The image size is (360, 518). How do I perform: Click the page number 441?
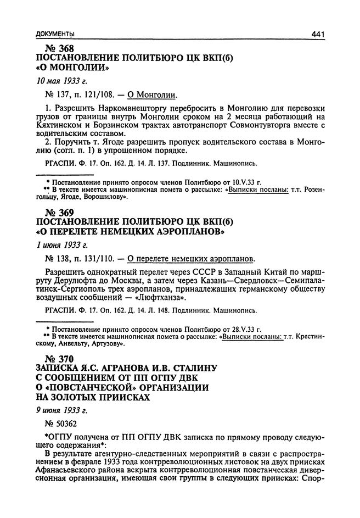(318, 34)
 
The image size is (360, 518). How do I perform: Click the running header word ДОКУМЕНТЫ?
(54, 34)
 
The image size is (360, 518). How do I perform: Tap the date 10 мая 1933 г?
(59, 81)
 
